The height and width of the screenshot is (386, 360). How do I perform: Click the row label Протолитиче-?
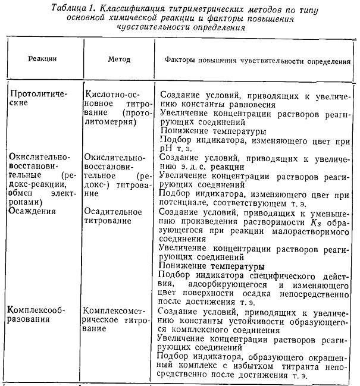37,94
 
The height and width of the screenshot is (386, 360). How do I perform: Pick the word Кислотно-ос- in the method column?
112,94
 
